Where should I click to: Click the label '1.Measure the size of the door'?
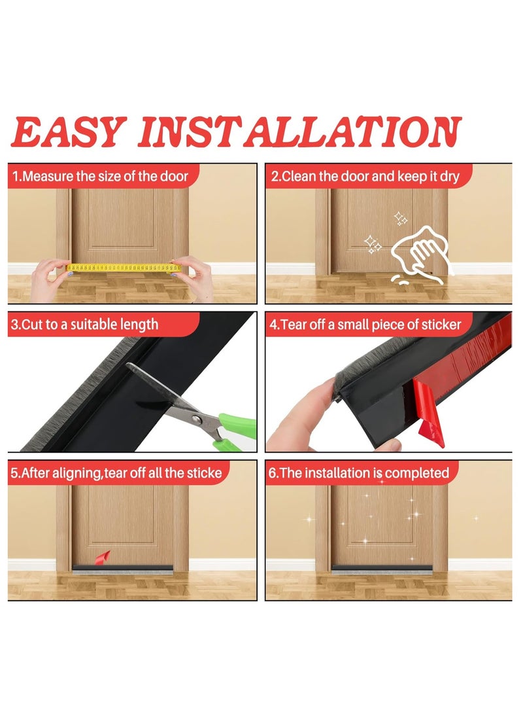coord(101,176)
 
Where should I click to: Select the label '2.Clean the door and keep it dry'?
coord(367,176)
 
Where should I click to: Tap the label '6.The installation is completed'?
coord(360,473)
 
